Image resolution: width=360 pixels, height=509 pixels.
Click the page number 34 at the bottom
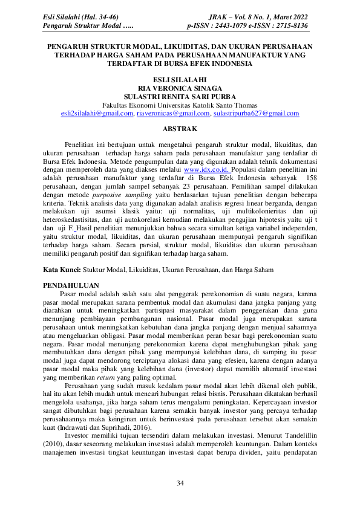coord(180,482)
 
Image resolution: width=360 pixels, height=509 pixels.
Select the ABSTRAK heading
coord(180,128)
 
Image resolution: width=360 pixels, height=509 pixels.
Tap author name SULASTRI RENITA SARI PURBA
coord(180,96)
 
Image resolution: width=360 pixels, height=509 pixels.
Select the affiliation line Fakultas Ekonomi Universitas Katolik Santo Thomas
coord(180,105)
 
